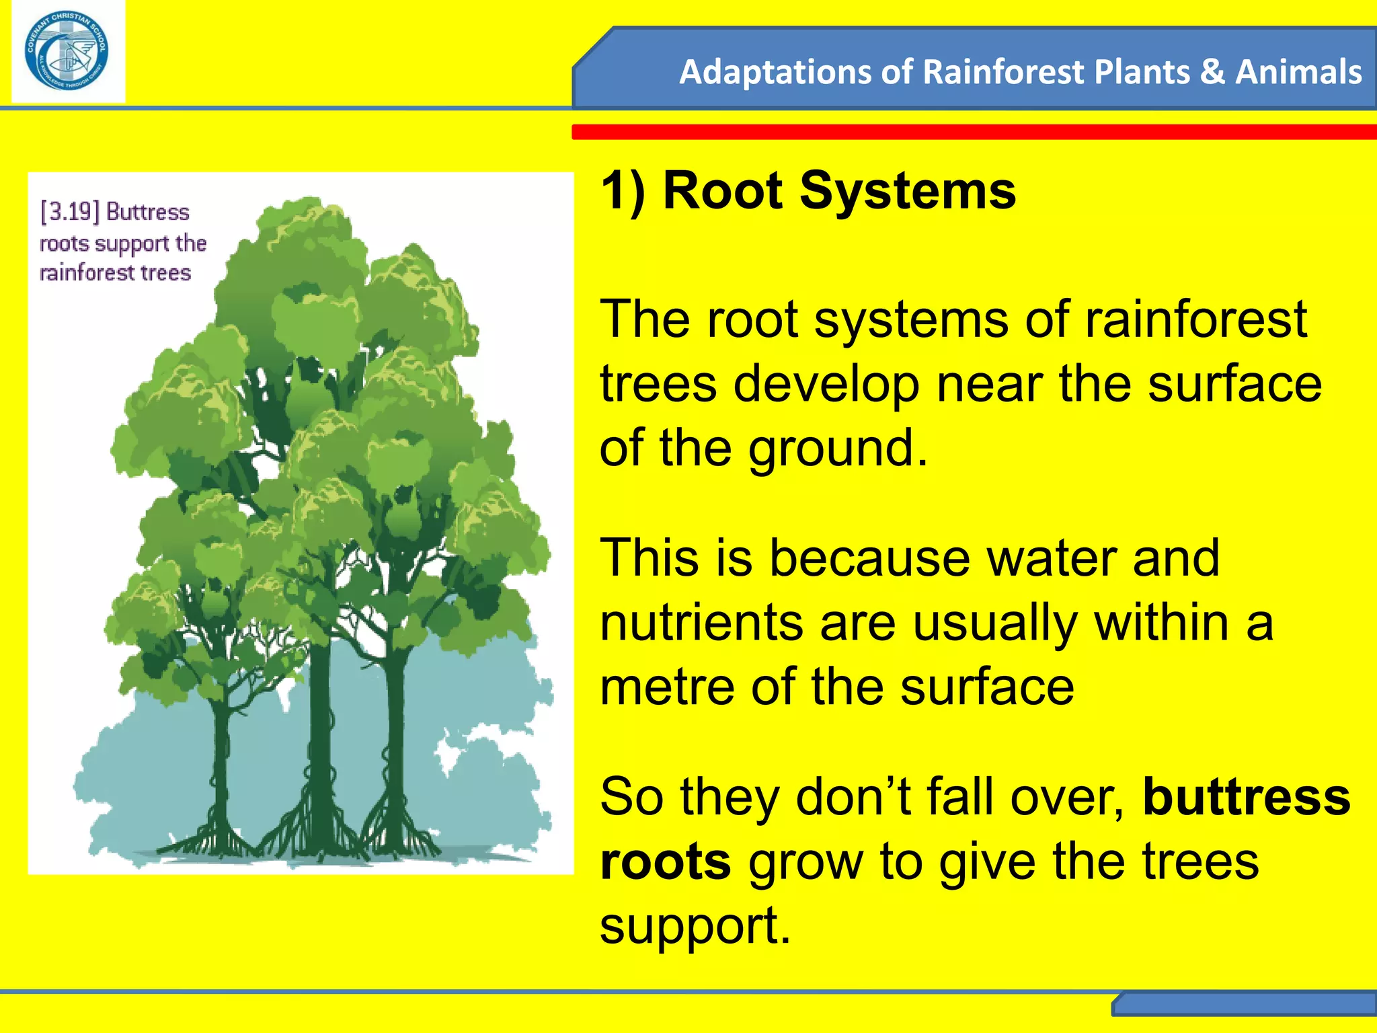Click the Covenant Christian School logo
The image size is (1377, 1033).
coord(67,51)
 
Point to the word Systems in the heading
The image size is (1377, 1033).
coord(907,191)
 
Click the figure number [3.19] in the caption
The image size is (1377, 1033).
coord(70,212)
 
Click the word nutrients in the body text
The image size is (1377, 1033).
coord(701,623)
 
